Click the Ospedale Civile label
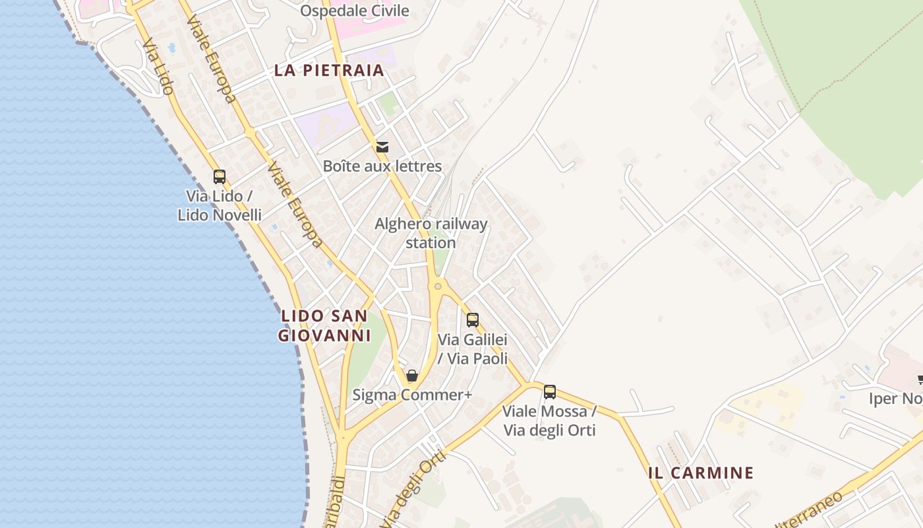pyautogui.click(x=354, y=11)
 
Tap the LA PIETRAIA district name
pyautogui.click(x=328, y=71)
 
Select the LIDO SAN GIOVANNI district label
pyautogui.click(x=324, y=325)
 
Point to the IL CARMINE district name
pyautogui.click(x=700, y=473)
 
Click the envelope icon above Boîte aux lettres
pyautogui.click(x=382, y=147)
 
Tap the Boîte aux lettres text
pyautogui.click(x=382, y=166)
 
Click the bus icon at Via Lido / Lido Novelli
pyautogui.click(x=220, y=177)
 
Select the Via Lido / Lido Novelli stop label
pyautogui.click(x=220, y=205)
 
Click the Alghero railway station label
pyautogui.click(x=431, y=233)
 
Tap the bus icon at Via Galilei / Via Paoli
pyautogui.click(x=473, y=320)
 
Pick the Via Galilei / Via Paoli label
pyautogui.click(x=473, y=349)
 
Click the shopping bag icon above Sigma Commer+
pyautogui.click(x=412, y=376)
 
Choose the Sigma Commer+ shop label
pyautogui.click(x=412, y=395)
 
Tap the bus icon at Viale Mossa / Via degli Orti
pyautogui.click(x=550, y=392)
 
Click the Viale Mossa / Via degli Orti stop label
pyautogui.click(x=550, y=420)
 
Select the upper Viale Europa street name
pyautogui.click(x=211, y=59)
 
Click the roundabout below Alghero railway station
pyautogui.click(x=437, y=286)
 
